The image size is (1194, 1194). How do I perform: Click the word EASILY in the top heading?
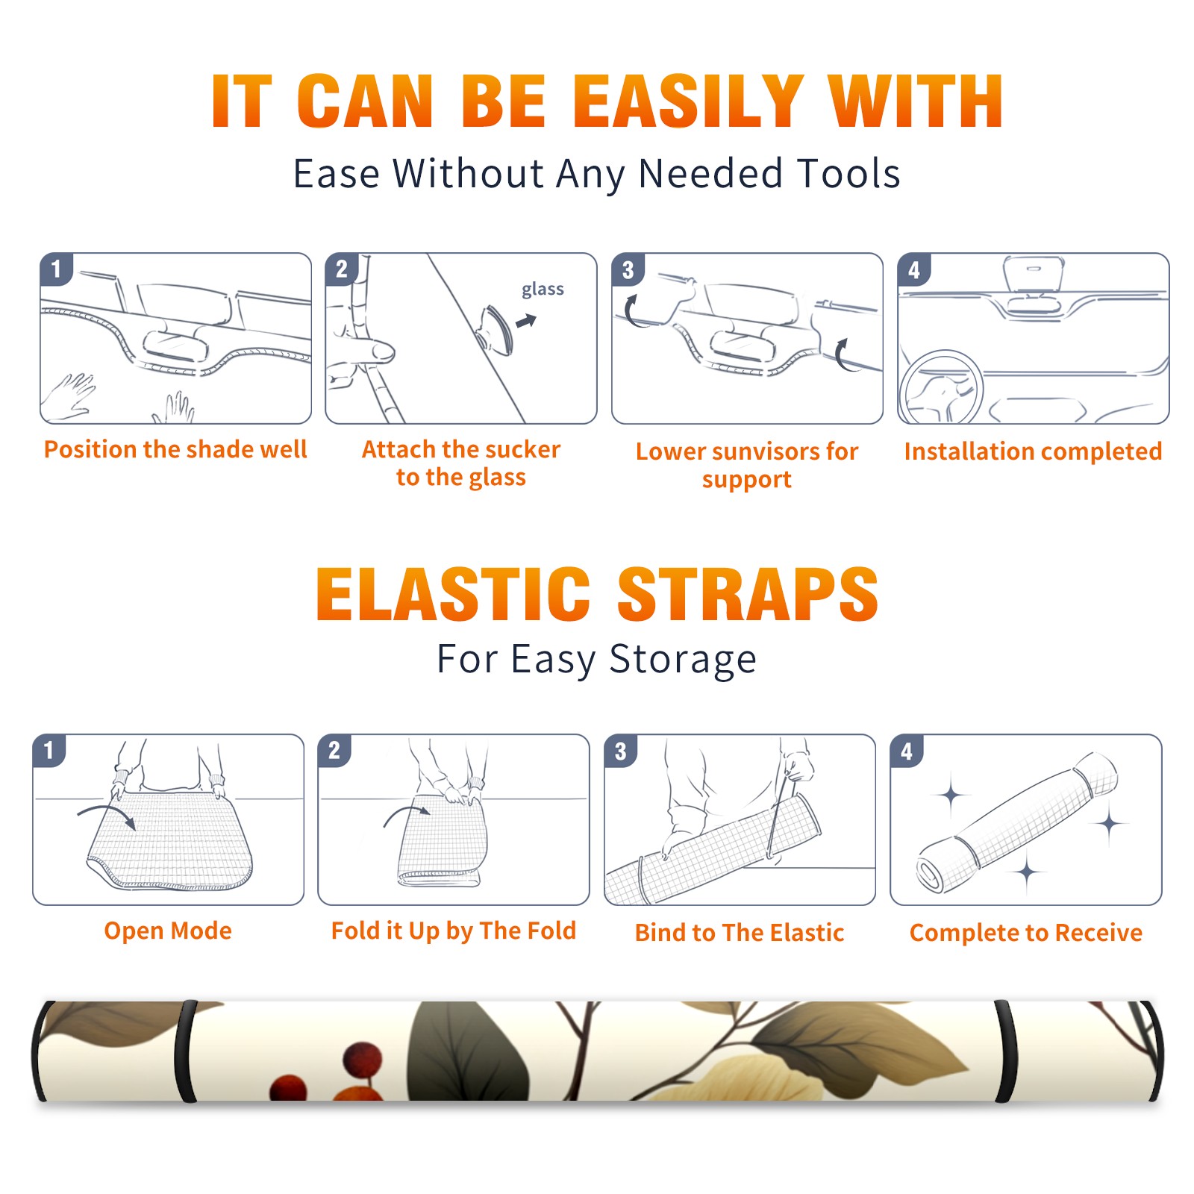(688, 101)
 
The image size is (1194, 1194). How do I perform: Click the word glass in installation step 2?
(543, 289)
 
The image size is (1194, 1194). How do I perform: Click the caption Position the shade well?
(175, 449)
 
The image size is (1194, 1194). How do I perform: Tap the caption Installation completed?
(1033, 451)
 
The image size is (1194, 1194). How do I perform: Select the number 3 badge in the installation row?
(628, 269)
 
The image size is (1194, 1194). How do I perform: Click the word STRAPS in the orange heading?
(748, 594)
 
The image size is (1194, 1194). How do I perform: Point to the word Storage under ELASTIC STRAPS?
(683, 660)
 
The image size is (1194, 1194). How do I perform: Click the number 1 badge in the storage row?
(49, 750)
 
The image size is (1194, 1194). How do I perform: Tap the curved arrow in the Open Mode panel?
(107, 814)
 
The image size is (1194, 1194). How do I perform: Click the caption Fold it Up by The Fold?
(454, 931)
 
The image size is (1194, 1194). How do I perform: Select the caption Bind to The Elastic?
(740, 933)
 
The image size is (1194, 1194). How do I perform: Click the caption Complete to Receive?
(1026, 933)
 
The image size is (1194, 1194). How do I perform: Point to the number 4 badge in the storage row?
(907, 751)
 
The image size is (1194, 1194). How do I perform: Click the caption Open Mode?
(168, 931)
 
